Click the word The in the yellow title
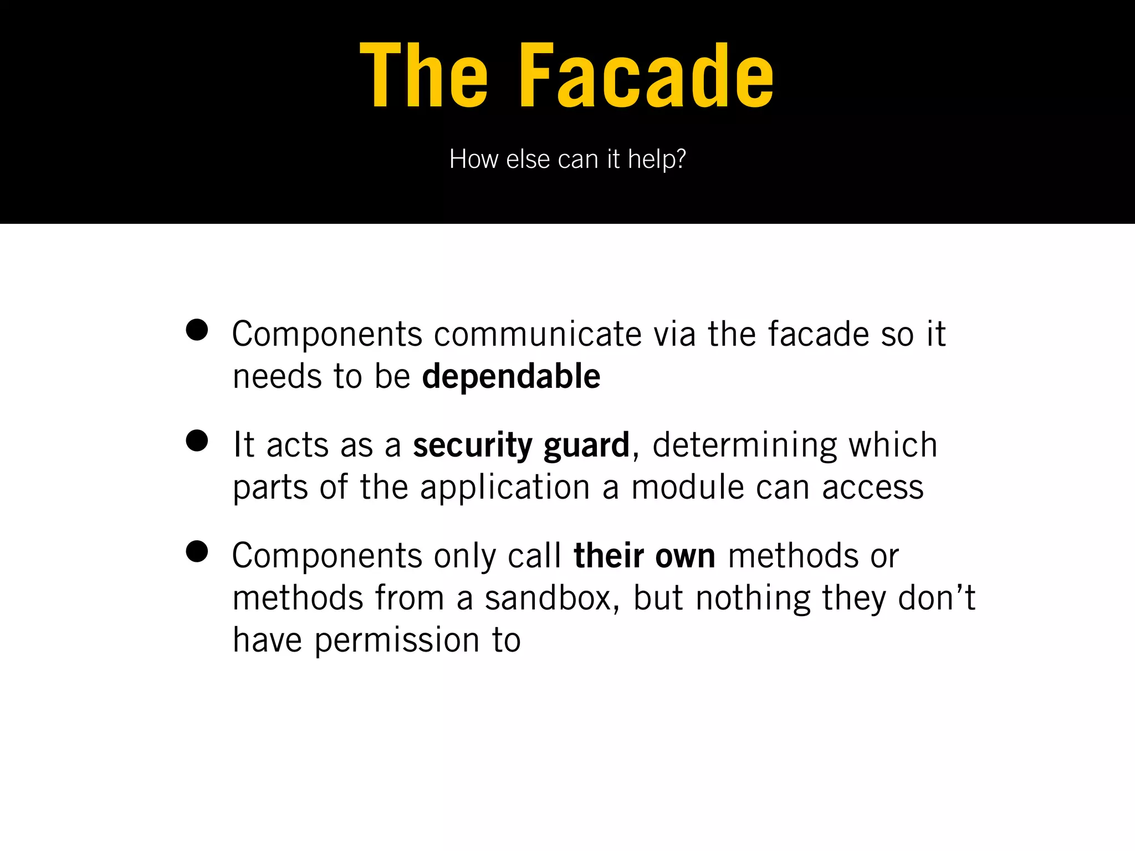[424, 76]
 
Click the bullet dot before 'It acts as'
[197, 442]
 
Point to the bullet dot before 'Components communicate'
[197, 330]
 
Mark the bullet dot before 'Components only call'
[197, 552]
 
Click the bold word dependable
[511, 377]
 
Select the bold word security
[473, 445]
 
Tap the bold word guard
[586, 445]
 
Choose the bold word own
[685, 556]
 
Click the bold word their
[609, 556]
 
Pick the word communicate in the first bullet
[537, 335]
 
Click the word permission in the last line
[397, 641]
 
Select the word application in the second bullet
[505, 488]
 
